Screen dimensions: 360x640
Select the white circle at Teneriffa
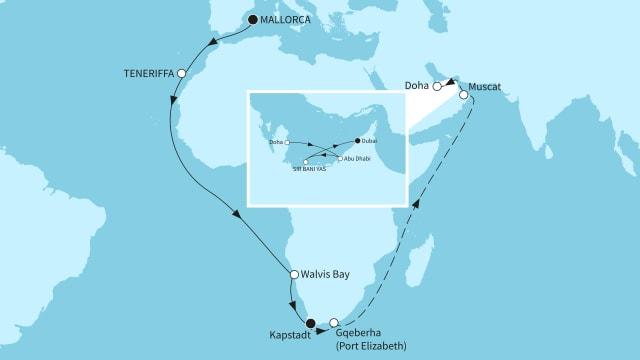point(181,74)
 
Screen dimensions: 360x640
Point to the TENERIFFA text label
point(147,74)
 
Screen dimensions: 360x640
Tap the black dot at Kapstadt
point(311,322)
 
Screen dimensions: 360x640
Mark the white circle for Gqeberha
point(334,323)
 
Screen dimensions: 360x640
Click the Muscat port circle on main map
point(464,96)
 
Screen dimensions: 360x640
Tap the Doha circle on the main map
point(437,87)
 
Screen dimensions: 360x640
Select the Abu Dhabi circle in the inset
point(340,159)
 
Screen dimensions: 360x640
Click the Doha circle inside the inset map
point(288,143)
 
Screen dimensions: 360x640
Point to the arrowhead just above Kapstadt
point(293,305)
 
